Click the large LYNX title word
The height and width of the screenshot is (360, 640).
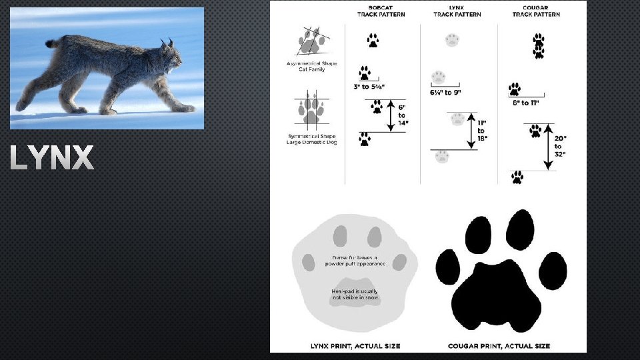click(x=52, y=159)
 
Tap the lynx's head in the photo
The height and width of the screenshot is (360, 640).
click(x=171, y=58)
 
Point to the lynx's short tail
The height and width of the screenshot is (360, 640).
click(x=51, y=43)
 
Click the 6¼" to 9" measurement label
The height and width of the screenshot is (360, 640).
click(x=445, y=92)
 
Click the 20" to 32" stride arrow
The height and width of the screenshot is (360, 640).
click(x=547, y=146)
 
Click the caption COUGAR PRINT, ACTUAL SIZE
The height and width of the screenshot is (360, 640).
click(x=499, y=346)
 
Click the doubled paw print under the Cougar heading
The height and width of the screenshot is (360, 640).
click(x=539, y=46)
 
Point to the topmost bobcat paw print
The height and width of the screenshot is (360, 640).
click(x=373, y=41)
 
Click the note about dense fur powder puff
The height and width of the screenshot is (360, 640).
click(x=355, y=260)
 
